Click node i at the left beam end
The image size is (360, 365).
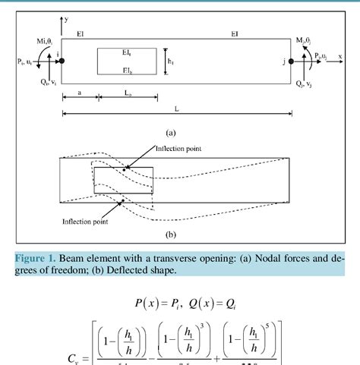[x=62, y=60]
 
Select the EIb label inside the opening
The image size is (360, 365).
[x=128, y=68]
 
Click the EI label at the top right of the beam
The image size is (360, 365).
[x=235, y=34]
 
